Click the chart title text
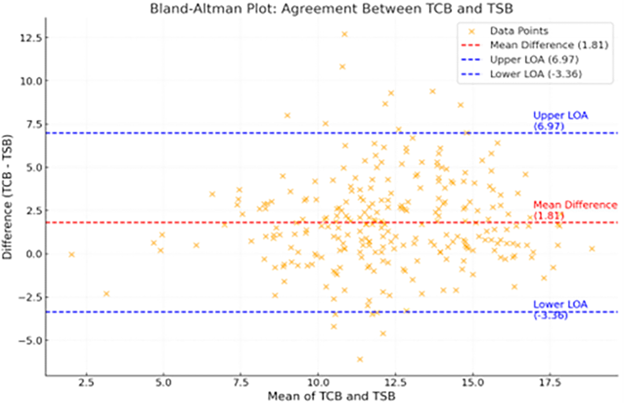[x=331, y=9]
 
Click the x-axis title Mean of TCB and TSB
[x=331, y=396]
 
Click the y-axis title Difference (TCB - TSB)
[x=7, y=197]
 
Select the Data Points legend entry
[x=519, y=31]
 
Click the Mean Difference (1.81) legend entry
[x=549, y=45]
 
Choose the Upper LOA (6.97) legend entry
[x=534, y=60]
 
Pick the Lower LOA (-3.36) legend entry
[x=535, y=74]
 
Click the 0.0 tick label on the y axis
[x=32, y=254]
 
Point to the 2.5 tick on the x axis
[x=86, y=383]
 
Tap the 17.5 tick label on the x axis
[x=550, y=383]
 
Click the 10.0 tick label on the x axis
[x=318, y=383]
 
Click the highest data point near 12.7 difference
[x=344, y=34]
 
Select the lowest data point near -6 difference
[x=360, y=359]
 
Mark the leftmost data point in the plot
[x=71, y=254]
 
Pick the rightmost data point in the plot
[x=592, y=249]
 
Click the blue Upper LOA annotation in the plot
[x=560, y=120]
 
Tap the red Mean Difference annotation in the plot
[x=575, y=210]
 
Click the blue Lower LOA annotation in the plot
[x=560, y=310]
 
